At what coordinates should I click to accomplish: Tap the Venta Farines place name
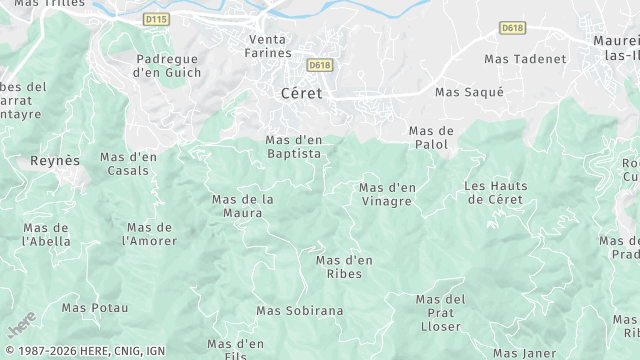(269, 46)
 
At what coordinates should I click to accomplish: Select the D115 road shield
(156, 19)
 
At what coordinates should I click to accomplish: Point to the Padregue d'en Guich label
(169, 65)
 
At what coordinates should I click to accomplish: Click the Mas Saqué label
(469, 92)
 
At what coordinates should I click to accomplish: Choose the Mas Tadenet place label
(525, 59)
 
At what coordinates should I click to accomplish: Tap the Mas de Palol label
(432, 138)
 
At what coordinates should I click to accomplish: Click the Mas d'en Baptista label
(294, 147)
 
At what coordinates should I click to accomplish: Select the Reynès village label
(55, 160)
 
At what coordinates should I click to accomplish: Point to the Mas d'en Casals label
(128, 164)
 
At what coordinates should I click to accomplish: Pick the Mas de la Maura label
(243, 206)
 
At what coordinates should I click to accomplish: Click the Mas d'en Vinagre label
(387, 194)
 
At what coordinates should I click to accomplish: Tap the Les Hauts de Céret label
(494, 193)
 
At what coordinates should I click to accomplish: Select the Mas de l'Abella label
(46, 234)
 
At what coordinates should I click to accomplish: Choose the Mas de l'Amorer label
(149, 234)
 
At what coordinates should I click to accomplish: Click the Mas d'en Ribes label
(344, 267)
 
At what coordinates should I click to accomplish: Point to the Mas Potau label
(95, 307)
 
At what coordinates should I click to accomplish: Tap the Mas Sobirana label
(299, 310)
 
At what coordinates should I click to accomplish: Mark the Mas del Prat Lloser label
(441, 313)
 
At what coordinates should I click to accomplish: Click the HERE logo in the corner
(21, 326)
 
